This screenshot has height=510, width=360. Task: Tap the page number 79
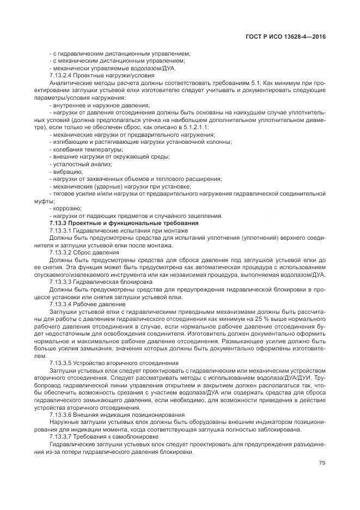[322, 464]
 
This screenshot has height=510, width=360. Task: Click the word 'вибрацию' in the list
[68, 171]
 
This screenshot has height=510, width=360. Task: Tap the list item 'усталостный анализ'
[82, 163]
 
